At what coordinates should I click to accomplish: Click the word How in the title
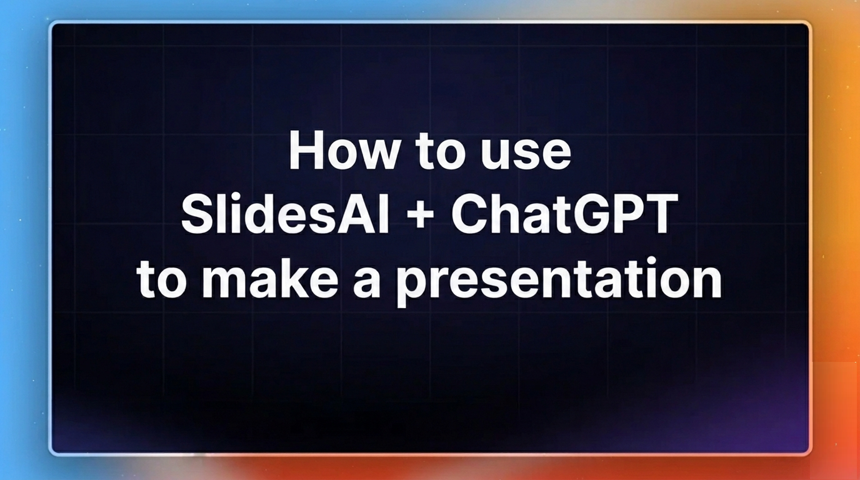343,151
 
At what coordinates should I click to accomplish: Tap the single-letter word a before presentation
367,282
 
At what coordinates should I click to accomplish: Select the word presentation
559,282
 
